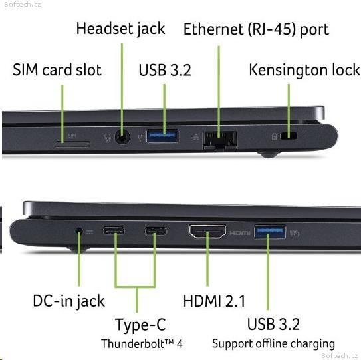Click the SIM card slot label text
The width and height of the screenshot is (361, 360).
(x=57, y=70)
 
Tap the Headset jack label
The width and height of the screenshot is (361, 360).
(x=120, y=29)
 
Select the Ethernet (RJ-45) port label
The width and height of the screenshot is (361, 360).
(x=256, y=29)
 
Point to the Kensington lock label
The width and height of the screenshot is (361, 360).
(x=304, y=70)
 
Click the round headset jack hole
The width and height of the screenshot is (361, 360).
(x=122, y=137)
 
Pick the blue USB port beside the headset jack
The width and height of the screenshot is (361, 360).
(x=162, y=136)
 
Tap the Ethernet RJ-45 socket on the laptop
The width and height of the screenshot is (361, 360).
(x=219, y=140)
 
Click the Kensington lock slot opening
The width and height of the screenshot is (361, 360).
(x=289, y=136)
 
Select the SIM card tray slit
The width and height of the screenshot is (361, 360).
(x=72, y=144)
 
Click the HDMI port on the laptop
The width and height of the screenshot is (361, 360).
(x=207, y=231)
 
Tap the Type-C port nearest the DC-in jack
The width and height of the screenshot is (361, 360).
(x=114, y=230)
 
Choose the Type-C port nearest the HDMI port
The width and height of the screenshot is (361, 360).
(x=156, y=231)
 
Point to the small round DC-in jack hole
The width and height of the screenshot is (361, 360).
(x=79, y=231)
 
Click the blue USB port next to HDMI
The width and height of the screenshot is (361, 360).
(x=270, y=232)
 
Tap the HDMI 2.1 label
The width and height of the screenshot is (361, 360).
(x=214, y=301)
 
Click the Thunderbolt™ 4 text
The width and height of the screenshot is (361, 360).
(x=142, y=344)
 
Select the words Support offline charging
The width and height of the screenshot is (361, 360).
(x=273, y=344)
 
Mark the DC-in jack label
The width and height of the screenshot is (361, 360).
(x=69, y=301)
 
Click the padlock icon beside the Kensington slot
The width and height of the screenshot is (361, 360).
(x=274, y=136)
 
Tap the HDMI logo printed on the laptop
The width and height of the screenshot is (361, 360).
(x=240, y=233)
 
